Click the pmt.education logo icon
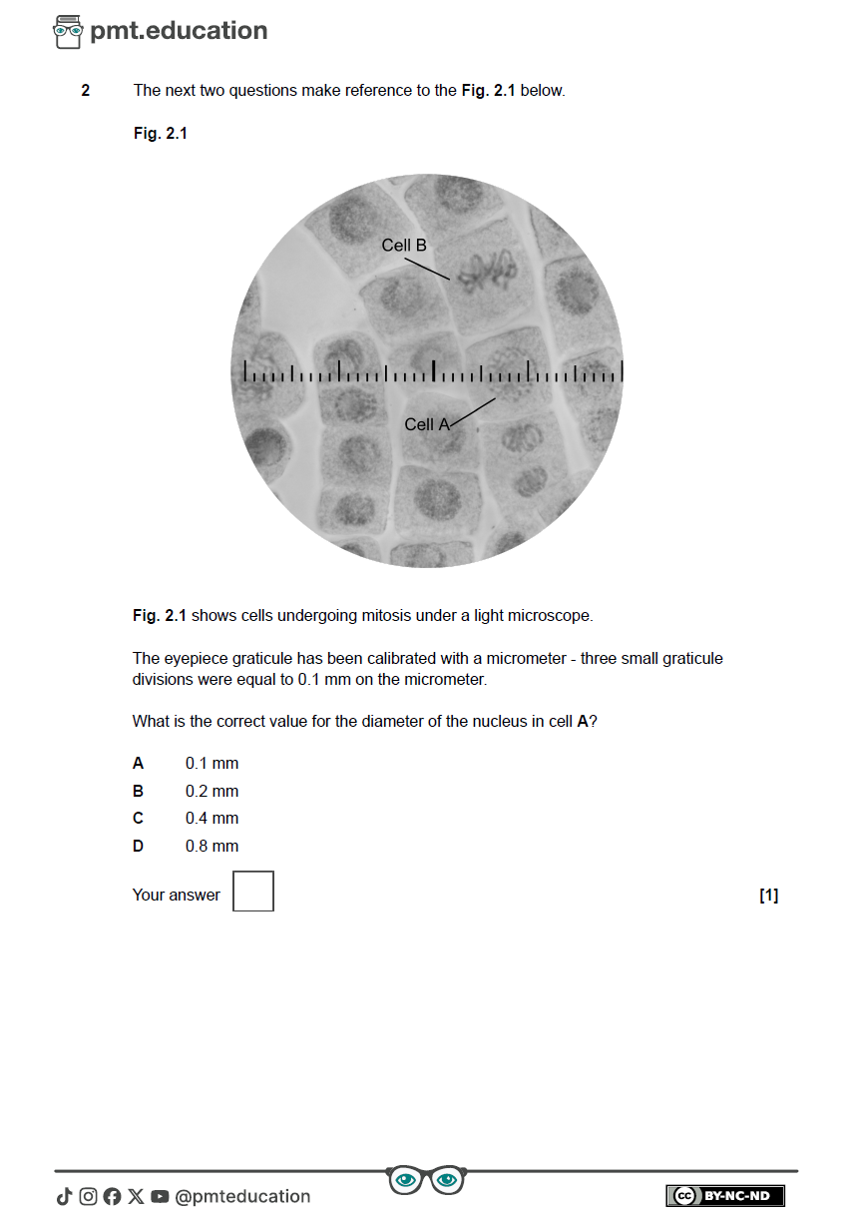click(x=68, y=32)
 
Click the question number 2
click(x=86, y=91)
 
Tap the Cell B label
click(x=404, y=245)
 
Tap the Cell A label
click(x=427, y=424)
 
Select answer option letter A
click(x=138, y=764)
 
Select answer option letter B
click(x=138, y=791)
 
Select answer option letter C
click(x=138, y=818)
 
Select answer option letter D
click(x=138, y=846)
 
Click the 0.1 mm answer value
click(x=212, y=764)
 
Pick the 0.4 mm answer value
click(x=212, y=818)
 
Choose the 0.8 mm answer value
click(x=212, y=846)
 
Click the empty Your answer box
click(x=253, y=891)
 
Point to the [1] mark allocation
click(x=768, y=896)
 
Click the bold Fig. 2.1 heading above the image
click(x=160, y=133)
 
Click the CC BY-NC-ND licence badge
click(x=725, y=1196)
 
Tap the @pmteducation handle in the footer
click(x=242, y=1196)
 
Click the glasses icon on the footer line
click(x=426, y=1180)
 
